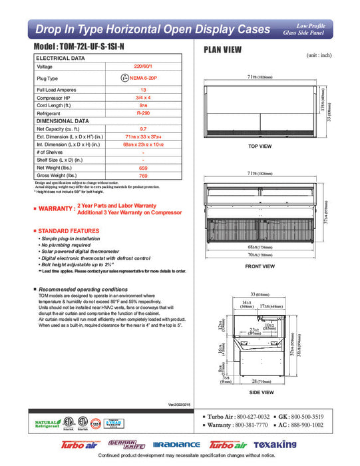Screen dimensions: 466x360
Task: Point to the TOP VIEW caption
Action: tap(260, 146)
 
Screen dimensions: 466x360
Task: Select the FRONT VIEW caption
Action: tap(260, 266)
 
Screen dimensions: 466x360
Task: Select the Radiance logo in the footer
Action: tap(176, 445)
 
